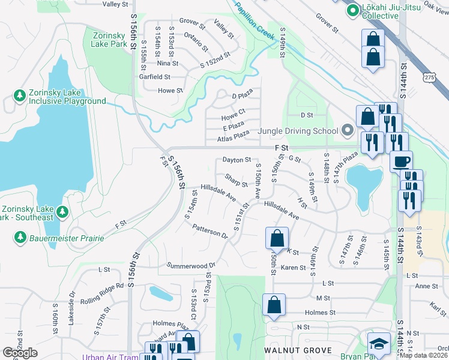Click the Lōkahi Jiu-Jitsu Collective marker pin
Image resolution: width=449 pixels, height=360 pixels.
click(x=351, y=10)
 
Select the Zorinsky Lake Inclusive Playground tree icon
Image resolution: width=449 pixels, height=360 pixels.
click(x=20, y=96)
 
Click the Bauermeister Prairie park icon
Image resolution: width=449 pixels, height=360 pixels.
click(x=20, y=238)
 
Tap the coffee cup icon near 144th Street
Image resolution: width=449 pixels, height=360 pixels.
click(x=401, y=160)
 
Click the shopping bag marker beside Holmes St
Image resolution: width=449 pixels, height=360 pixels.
click(x=274, y=304)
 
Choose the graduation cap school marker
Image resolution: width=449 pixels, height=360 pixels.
click(x=378, y=344)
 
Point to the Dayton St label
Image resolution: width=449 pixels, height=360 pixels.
click(x=237, y=160)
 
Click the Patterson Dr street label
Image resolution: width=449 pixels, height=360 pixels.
click(x=210, y=231)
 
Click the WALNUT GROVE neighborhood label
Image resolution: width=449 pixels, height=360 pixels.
click(x=298, y=350)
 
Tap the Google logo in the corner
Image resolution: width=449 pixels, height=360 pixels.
click(x=20, y=353)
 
